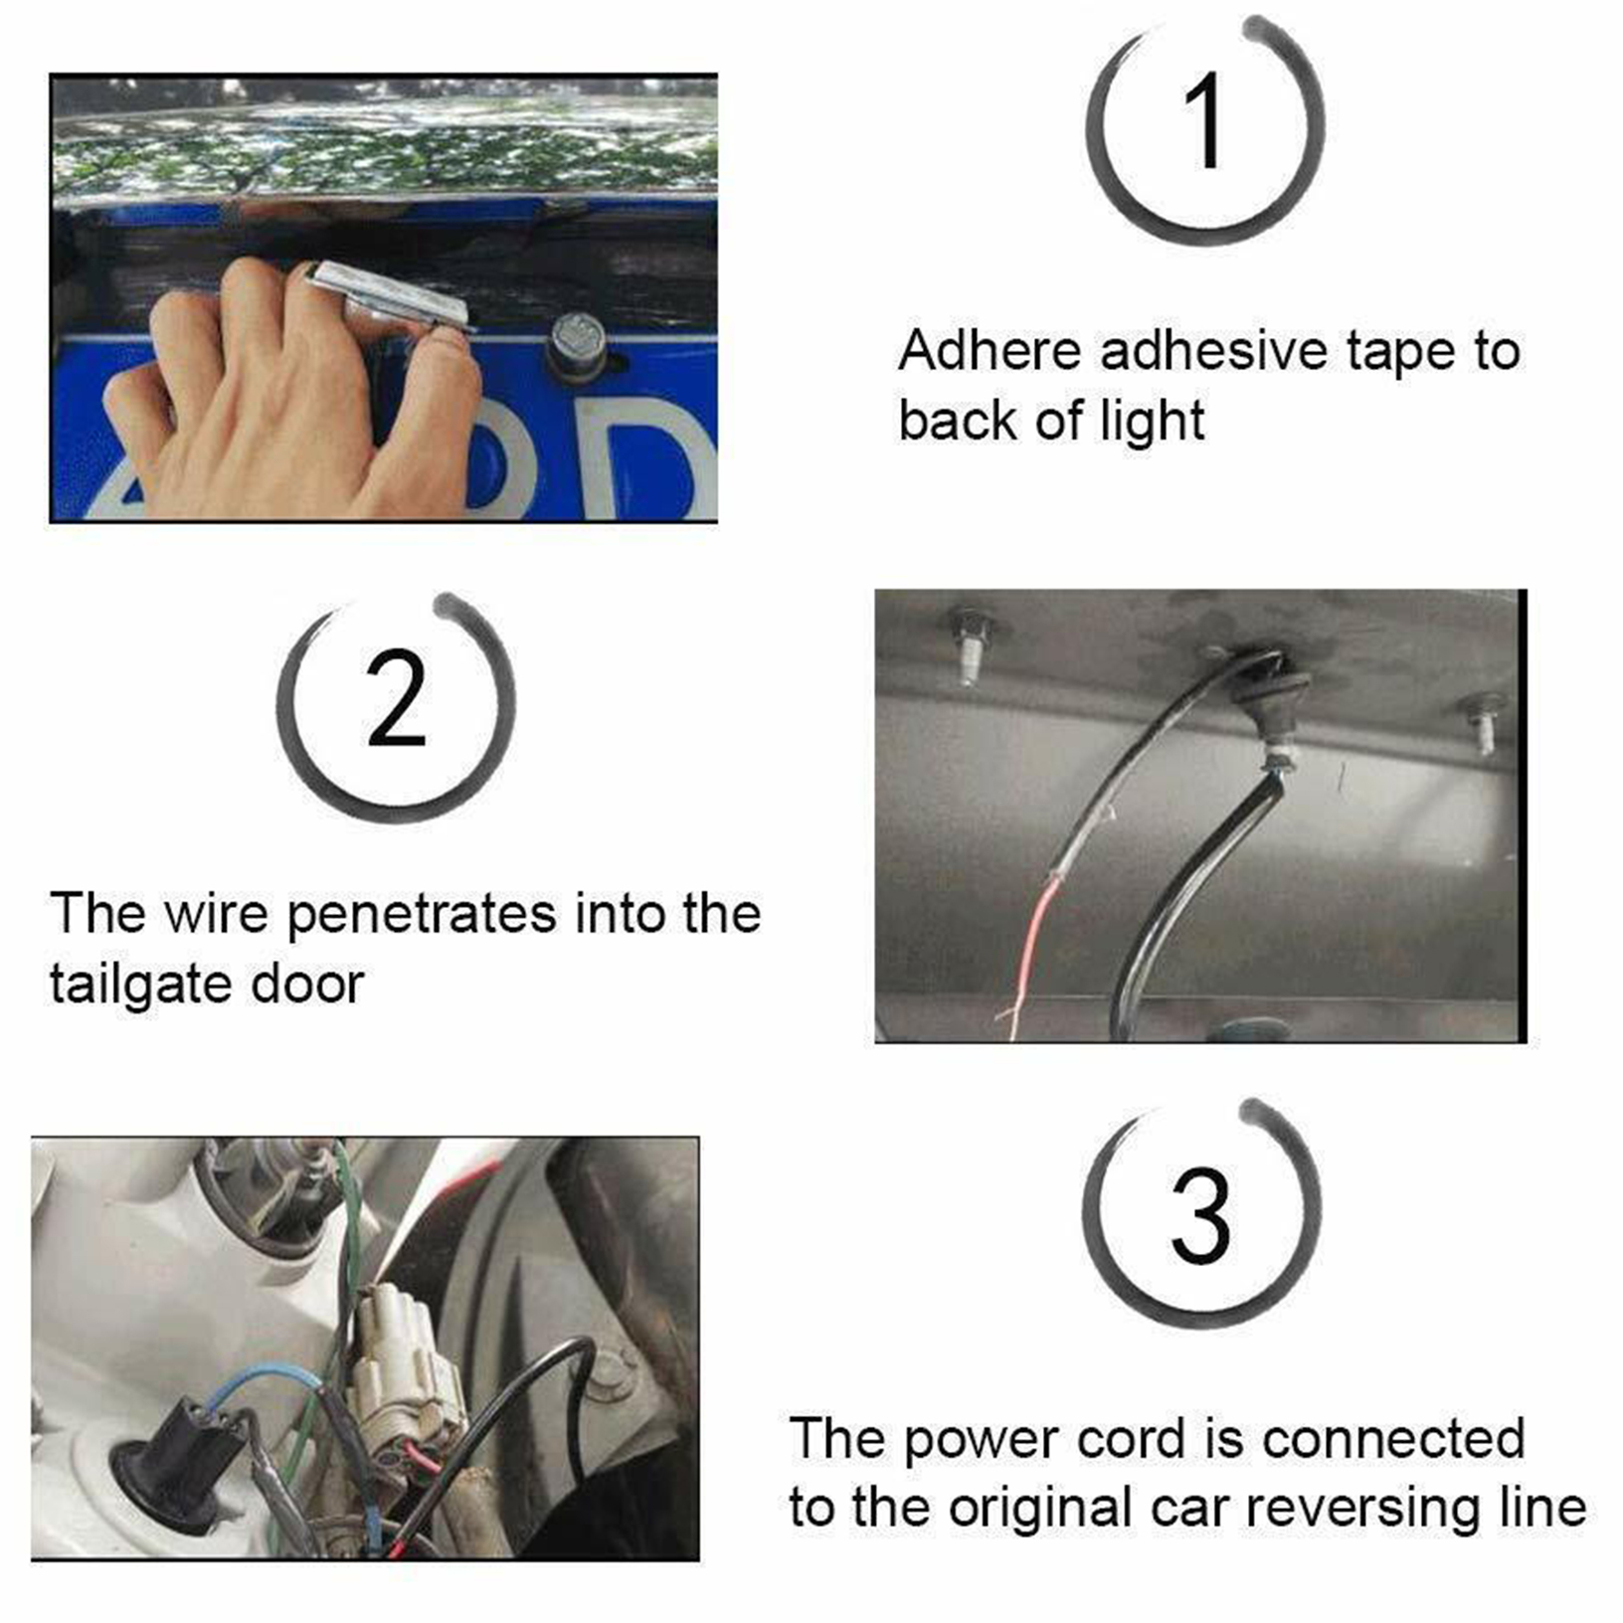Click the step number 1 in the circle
coord(1205,121)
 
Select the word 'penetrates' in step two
coord(422,916)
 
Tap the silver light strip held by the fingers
coord(391,295)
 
